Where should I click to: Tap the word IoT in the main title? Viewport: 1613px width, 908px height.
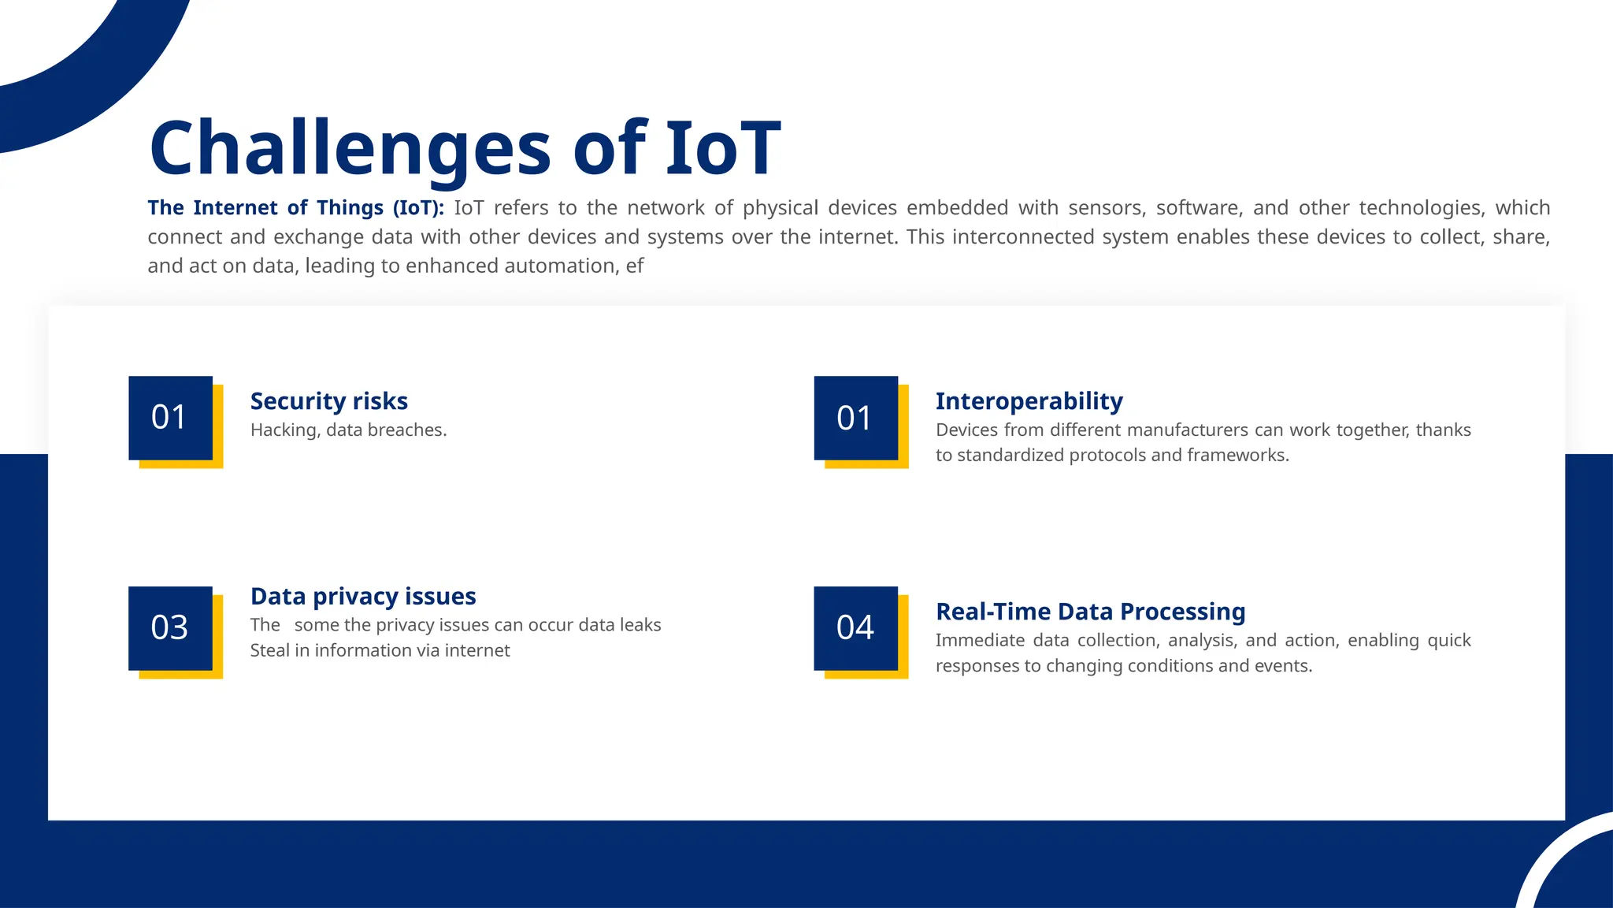pos(722,148)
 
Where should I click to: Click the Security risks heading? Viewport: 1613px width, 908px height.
pos(328,401)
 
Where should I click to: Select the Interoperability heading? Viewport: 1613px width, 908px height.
pos(1029,401)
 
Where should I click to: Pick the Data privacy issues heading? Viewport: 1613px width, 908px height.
pos(362,597)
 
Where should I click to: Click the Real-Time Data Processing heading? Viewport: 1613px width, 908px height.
pos(1090,612)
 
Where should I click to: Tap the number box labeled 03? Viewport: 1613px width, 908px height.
pos(170,628)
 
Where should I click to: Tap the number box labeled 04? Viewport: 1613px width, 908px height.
pos(855,628)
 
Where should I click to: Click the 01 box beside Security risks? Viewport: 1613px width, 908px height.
pos(170,418)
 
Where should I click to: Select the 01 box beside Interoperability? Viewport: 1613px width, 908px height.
pos(855,418)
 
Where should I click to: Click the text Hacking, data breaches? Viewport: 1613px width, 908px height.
pos(348,430)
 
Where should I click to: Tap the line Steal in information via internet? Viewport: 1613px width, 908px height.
pos(380,651)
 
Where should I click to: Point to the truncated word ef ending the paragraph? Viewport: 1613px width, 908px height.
pos(635,266)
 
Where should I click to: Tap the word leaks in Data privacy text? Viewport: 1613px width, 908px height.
pos(640,625)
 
